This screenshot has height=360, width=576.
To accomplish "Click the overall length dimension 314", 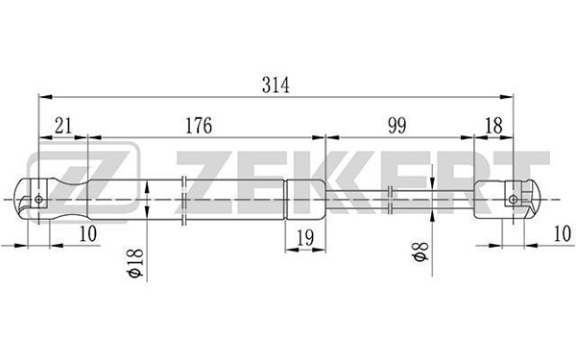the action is click(276, 85).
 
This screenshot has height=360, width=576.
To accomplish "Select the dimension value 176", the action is click(199, 126).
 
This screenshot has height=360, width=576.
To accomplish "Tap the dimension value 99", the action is click(397, 126).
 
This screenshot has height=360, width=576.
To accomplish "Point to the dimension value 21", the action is click(63, 126).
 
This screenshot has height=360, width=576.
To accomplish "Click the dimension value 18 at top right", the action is click(493, 126).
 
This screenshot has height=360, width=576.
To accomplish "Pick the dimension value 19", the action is click(305, 238).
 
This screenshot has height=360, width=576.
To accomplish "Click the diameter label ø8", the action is click(420, 252).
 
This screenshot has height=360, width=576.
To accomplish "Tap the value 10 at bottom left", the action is click(87, 233).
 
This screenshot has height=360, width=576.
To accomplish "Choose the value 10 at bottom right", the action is click(563, 233).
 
